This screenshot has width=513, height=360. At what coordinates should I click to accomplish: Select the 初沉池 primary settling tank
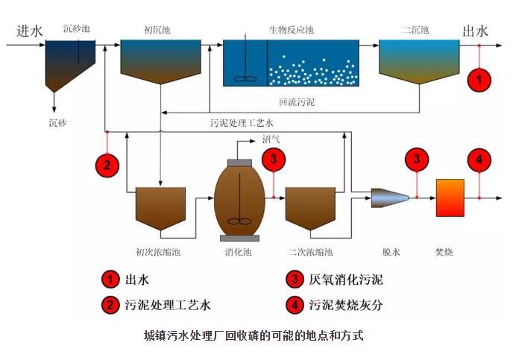coord(160,60)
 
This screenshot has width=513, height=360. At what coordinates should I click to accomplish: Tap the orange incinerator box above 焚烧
coord(450,198)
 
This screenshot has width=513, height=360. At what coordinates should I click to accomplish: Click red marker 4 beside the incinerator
coord(479,160)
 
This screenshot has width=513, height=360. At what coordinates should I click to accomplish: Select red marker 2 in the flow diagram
coord(108,165)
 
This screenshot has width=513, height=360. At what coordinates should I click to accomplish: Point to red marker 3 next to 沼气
coord(274,159)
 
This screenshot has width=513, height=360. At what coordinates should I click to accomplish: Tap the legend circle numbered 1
coord(110,280)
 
